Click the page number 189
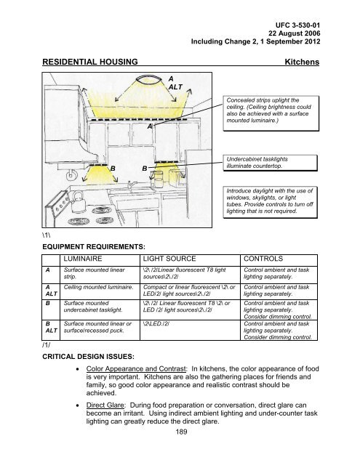pyautogui.click(x=181, y=432)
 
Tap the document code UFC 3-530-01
pyautogui.click(x=297, y=25)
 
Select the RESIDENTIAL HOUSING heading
pyautogui.click(x=90, y=62)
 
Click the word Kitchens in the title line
pyautogui.click(x=302, y=62)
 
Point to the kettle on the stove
pyautogui.click(x=78, y=201)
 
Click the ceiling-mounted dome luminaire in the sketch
pyautogui.click(x=148, y=80)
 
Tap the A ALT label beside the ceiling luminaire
pyautogui.click(x=175, y=83)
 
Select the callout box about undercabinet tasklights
pyautogui.click(x=270, y=163)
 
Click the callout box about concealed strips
pyautogui.click(x=271, y=113)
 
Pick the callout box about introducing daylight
pyautogui.click(x=270, y=202)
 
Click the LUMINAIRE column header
pyautogui.click(x=83, y=259)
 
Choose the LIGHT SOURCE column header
pyautogui.click(x=169, y=259)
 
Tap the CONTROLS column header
pyautogui.click(x=263, y=259)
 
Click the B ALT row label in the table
pyautogui.click(x=51, y=327)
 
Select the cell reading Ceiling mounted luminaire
pyautogui.click(x=98, y=287)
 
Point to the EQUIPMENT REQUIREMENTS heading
pyautogui.click(x=94, y=247)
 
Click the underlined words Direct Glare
pyautogui.click(x=106, y=405)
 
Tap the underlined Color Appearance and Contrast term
pyautogui.click(x=137, y=369)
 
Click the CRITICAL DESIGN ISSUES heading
pyautogui.click(x=89, y=357)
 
